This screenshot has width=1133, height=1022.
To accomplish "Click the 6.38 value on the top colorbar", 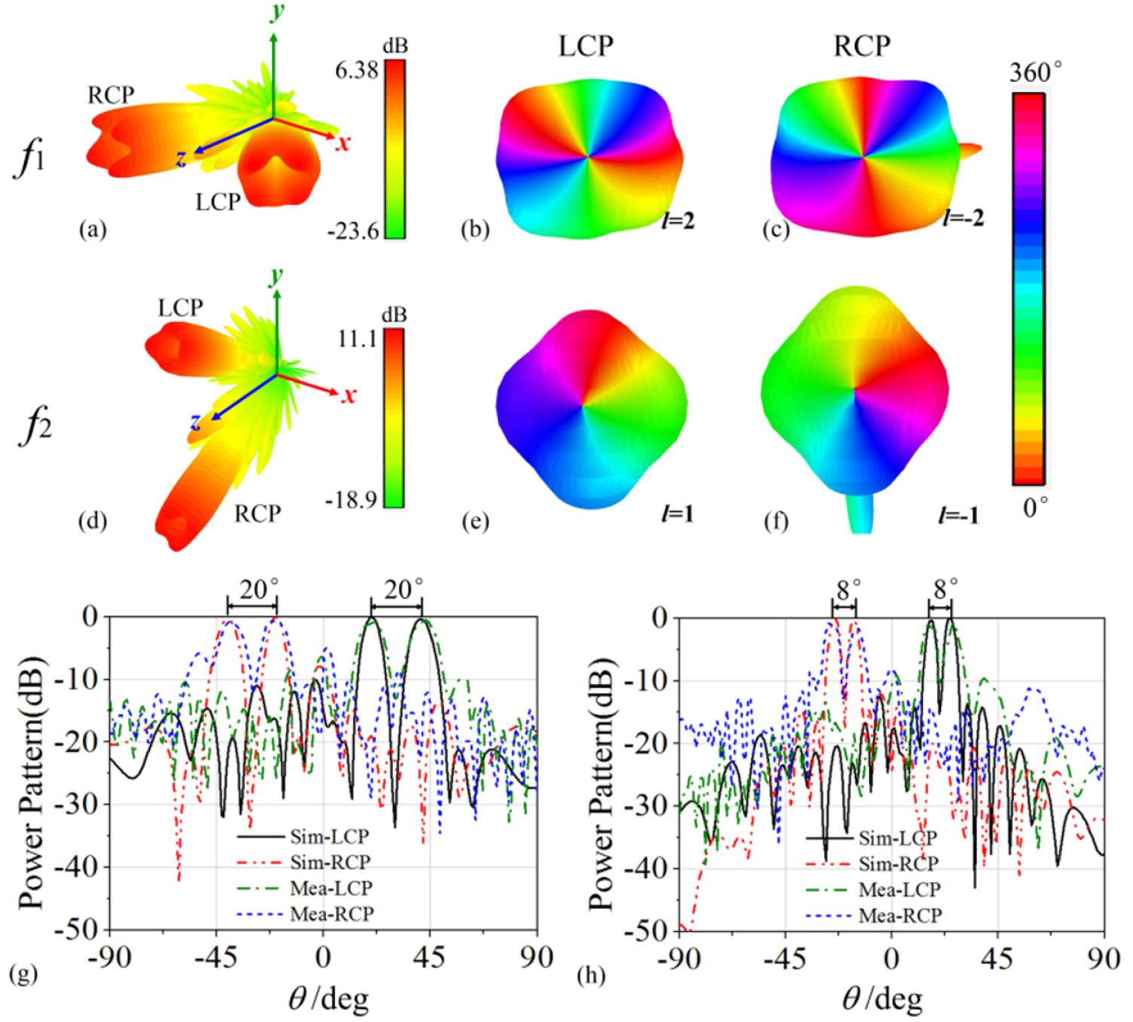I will (356, 71).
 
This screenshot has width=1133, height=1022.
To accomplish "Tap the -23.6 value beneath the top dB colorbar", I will (353, 231).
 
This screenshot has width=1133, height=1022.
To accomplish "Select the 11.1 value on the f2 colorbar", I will (357, 339).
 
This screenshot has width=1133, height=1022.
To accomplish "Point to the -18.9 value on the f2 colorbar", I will (351, 499).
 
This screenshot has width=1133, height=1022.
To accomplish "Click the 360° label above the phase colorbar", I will (1036, 73).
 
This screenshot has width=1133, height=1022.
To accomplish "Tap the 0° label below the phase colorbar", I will (1036, 509).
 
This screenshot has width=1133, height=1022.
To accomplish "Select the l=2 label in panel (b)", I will (678, 221).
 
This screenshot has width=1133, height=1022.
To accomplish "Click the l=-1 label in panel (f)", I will (958, 515).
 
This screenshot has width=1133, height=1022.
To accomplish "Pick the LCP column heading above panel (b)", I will (585, 47).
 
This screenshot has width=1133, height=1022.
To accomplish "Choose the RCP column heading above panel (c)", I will (861, 47).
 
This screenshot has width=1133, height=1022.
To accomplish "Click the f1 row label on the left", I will (30, 158).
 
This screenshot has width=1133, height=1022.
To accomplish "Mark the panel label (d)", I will (93, 520).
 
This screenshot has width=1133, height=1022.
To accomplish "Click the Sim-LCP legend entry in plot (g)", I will (329, 837).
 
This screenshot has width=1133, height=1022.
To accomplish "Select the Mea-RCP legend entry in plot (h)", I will (899, 916).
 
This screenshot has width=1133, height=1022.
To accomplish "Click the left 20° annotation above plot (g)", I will (258, 589).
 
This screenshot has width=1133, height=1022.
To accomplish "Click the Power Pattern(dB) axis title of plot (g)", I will (31, 783).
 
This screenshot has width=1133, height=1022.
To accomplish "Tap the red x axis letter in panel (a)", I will (344, 143).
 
